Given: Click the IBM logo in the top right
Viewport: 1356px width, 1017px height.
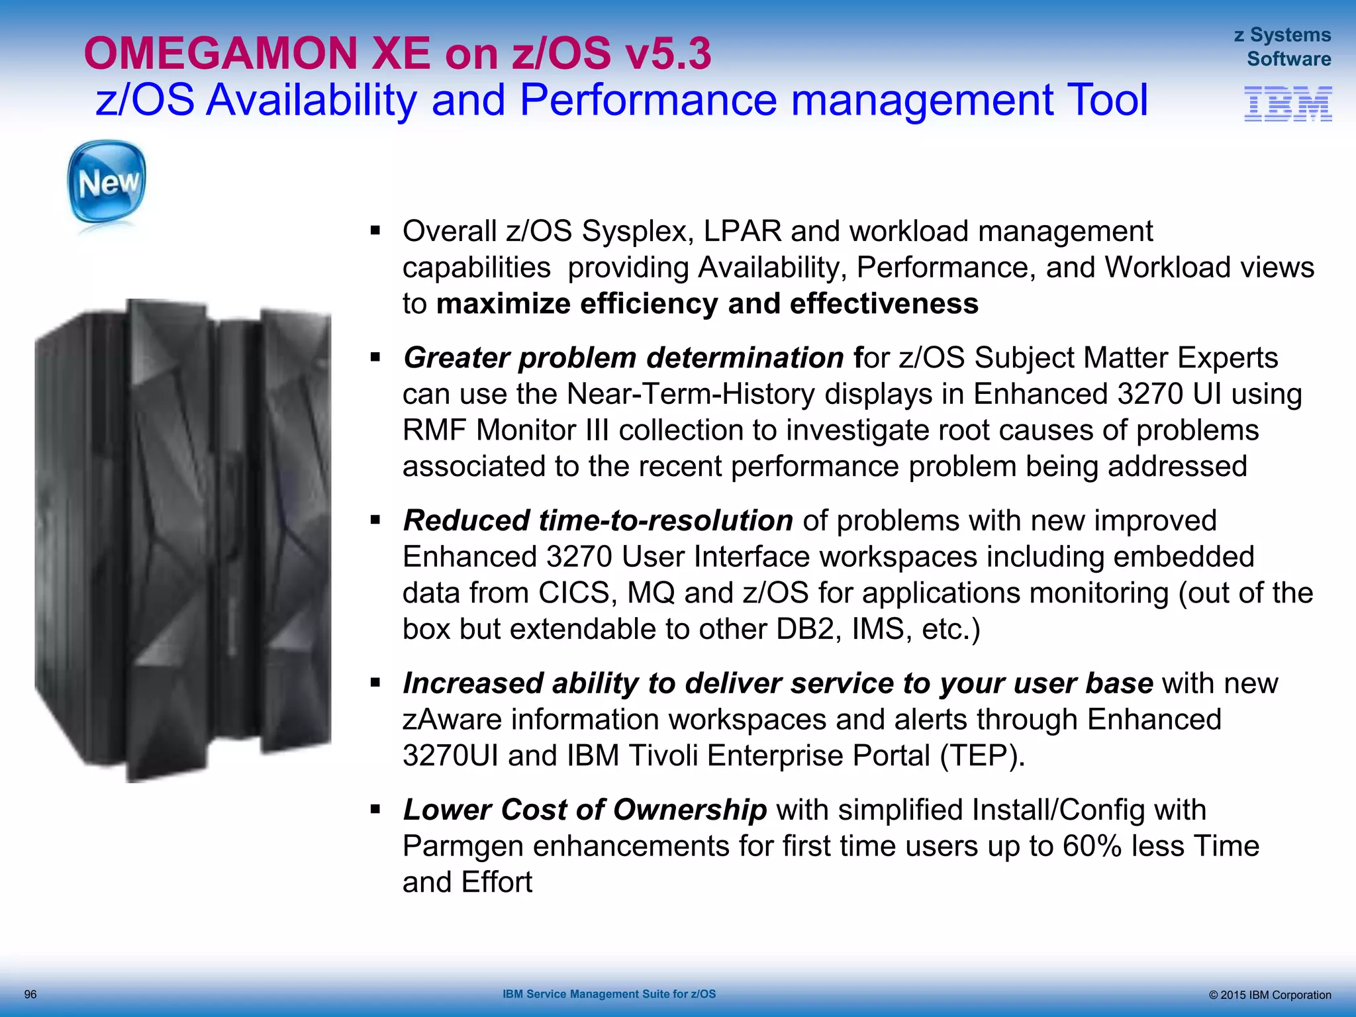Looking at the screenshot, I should (1288, 104).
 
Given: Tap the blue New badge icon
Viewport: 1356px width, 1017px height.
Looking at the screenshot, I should (107, 182).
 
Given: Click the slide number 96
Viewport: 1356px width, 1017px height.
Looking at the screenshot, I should (30, 994).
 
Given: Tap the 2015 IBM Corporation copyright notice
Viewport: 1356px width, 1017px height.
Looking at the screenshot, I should (1270, 995).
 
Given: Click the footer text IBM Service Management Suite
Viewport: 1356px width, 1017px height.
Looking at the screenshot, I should (609, 994).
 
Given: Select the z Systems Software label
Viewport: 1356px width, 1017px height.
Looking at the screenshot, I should (1283, 47).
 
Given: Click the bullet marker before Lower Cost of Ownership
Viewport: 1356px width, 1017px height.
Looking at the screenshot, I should (375, 809).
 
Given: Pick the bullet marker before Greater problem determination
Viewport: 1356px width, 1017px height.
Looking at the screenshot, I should (375, 358).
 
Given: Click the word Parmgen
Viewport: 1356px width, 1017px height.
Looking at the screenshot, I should (463, 846).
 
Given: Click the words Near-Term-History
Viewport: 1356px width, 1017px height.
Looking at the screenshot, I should (691, 394).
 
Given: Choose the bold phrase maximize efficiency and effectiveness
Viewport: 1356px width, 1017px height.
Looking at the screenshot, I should (707, 304).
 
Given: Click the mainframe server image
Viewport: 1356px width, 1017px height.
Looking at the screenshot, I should (183, 540).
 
